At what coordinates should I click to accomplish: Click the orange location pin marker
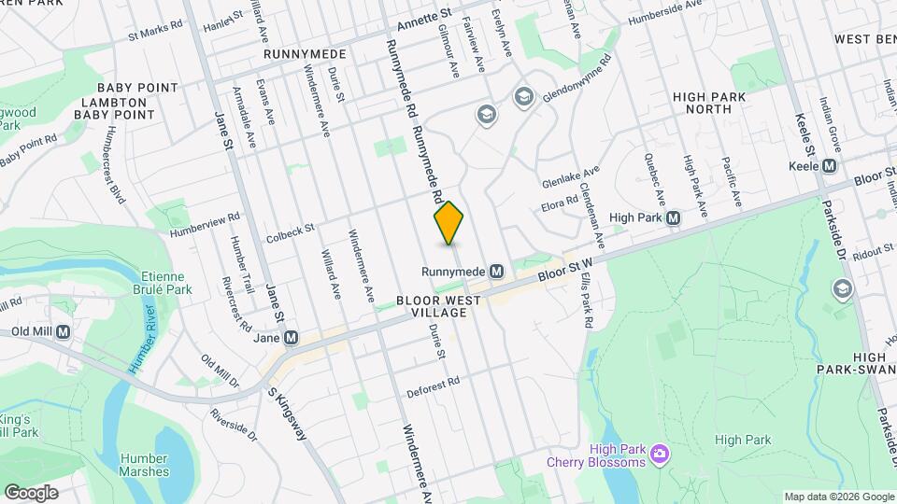(x=449, y=223)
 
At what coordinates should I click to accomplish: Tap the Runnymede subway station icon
(x=497, y=271)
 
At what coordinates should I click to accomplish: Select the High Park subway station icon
(x=672, y=217)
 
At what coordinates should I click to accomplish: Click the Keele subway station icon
(x=829, y=165)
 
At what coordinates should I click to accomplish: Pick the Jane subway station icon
(x=292, y=337)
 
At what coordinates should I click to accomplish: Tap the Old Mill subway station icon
(x=64, y=331)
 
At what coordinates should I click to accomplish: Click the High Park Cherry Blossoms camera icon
(x=661, y=454)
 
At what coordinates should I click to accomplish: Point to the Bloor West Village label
(x=438, y=307)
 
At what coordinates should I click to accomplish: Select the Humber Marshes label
(x=145, y=465)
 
